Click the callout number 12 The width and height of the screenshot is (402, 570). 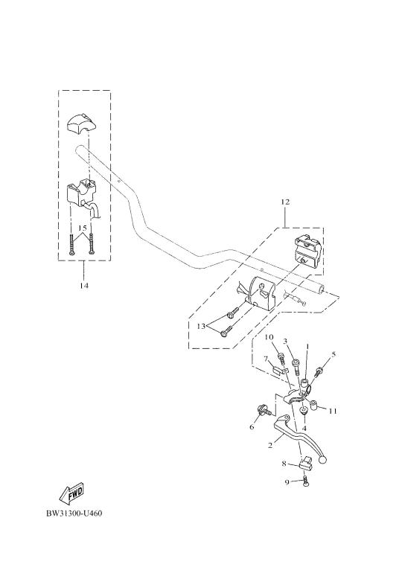coord(285,202)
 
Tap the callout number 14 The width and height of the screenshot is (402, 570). coord(84,285)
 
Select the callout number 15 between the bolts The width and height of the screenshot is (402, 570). coord(83,228)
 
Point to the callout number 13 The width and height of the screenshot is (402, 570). coord(201,326)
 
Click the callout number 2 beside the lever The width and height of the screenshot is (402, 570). coord(270,445)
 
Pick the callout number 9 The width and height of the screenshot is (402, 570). coord(287,482)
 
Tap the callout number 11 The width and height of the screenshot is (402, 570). coord(333,412)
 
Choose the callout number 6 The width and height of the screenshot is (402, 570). coord(252,427)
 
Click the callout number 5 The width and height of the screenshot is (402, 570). coord(334,354)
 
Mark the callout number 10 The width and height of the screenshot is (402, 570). coord(269,337)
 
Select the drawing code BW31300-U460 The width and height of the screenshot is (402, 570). coord(74,513)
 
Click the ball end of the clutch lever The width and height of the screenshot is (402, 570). coord(322,460)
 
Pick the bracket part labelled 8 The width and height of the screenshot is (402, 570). coord(304,462)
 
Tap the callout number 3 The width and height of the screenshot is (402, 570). coord(286,341)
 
